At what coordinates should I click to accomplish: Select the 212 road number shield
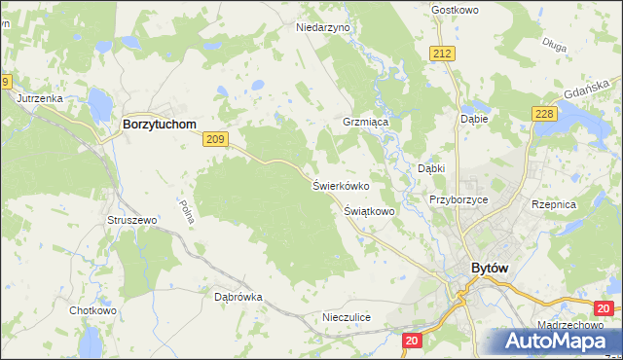[x=444, y=53]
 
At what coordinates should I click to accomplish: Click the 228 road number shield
[x=544, y=115]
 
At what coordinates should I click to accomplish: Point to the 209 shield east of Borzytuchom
[x=217, y=141]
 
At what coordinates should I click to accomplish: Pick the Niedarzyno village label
[x=322, y=28]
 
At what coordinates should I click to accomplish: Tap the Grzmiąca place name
[x=366, y=125]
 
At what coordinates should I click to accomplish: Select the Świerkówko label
[x=340, y=185]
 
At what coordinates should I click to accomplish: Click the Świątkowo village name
[x=369, y=210]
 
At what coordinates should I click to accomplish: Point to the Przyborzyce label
[x=458, y=199]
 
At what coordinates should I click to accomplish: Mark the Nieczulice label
[x=347, y=317]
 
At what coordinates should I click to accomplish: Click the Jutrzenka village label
[x=40, y=99]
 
